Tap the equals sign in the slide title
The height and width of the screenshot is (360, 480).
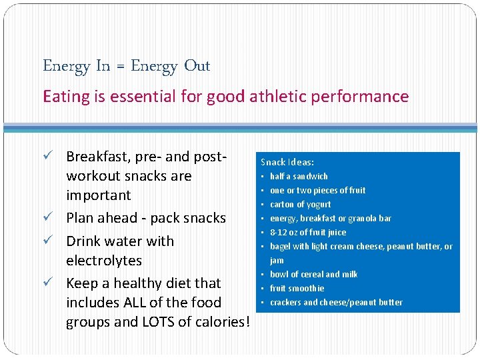[120, 66]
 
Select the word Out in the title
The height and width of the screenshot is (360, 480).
[197, 66]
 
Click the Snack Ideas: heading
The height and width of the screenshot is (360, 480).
[287, 162]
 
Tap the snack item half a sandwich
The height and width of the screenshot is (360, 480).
[299, 177]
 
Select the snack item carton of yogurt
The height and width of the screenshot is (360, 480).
[300, 205]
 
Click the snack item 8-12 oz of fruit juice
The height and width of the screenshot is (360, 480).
[308, 233]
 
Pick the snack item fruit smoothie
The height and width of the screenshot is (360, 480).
[297, 289]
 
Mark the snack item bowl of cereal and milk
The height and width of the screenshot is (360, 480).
[313, 275]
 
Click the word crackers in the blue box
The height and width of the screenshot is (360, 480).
[285, 303]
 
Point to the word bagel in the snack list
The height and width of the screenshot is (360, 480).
[280, 247]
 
